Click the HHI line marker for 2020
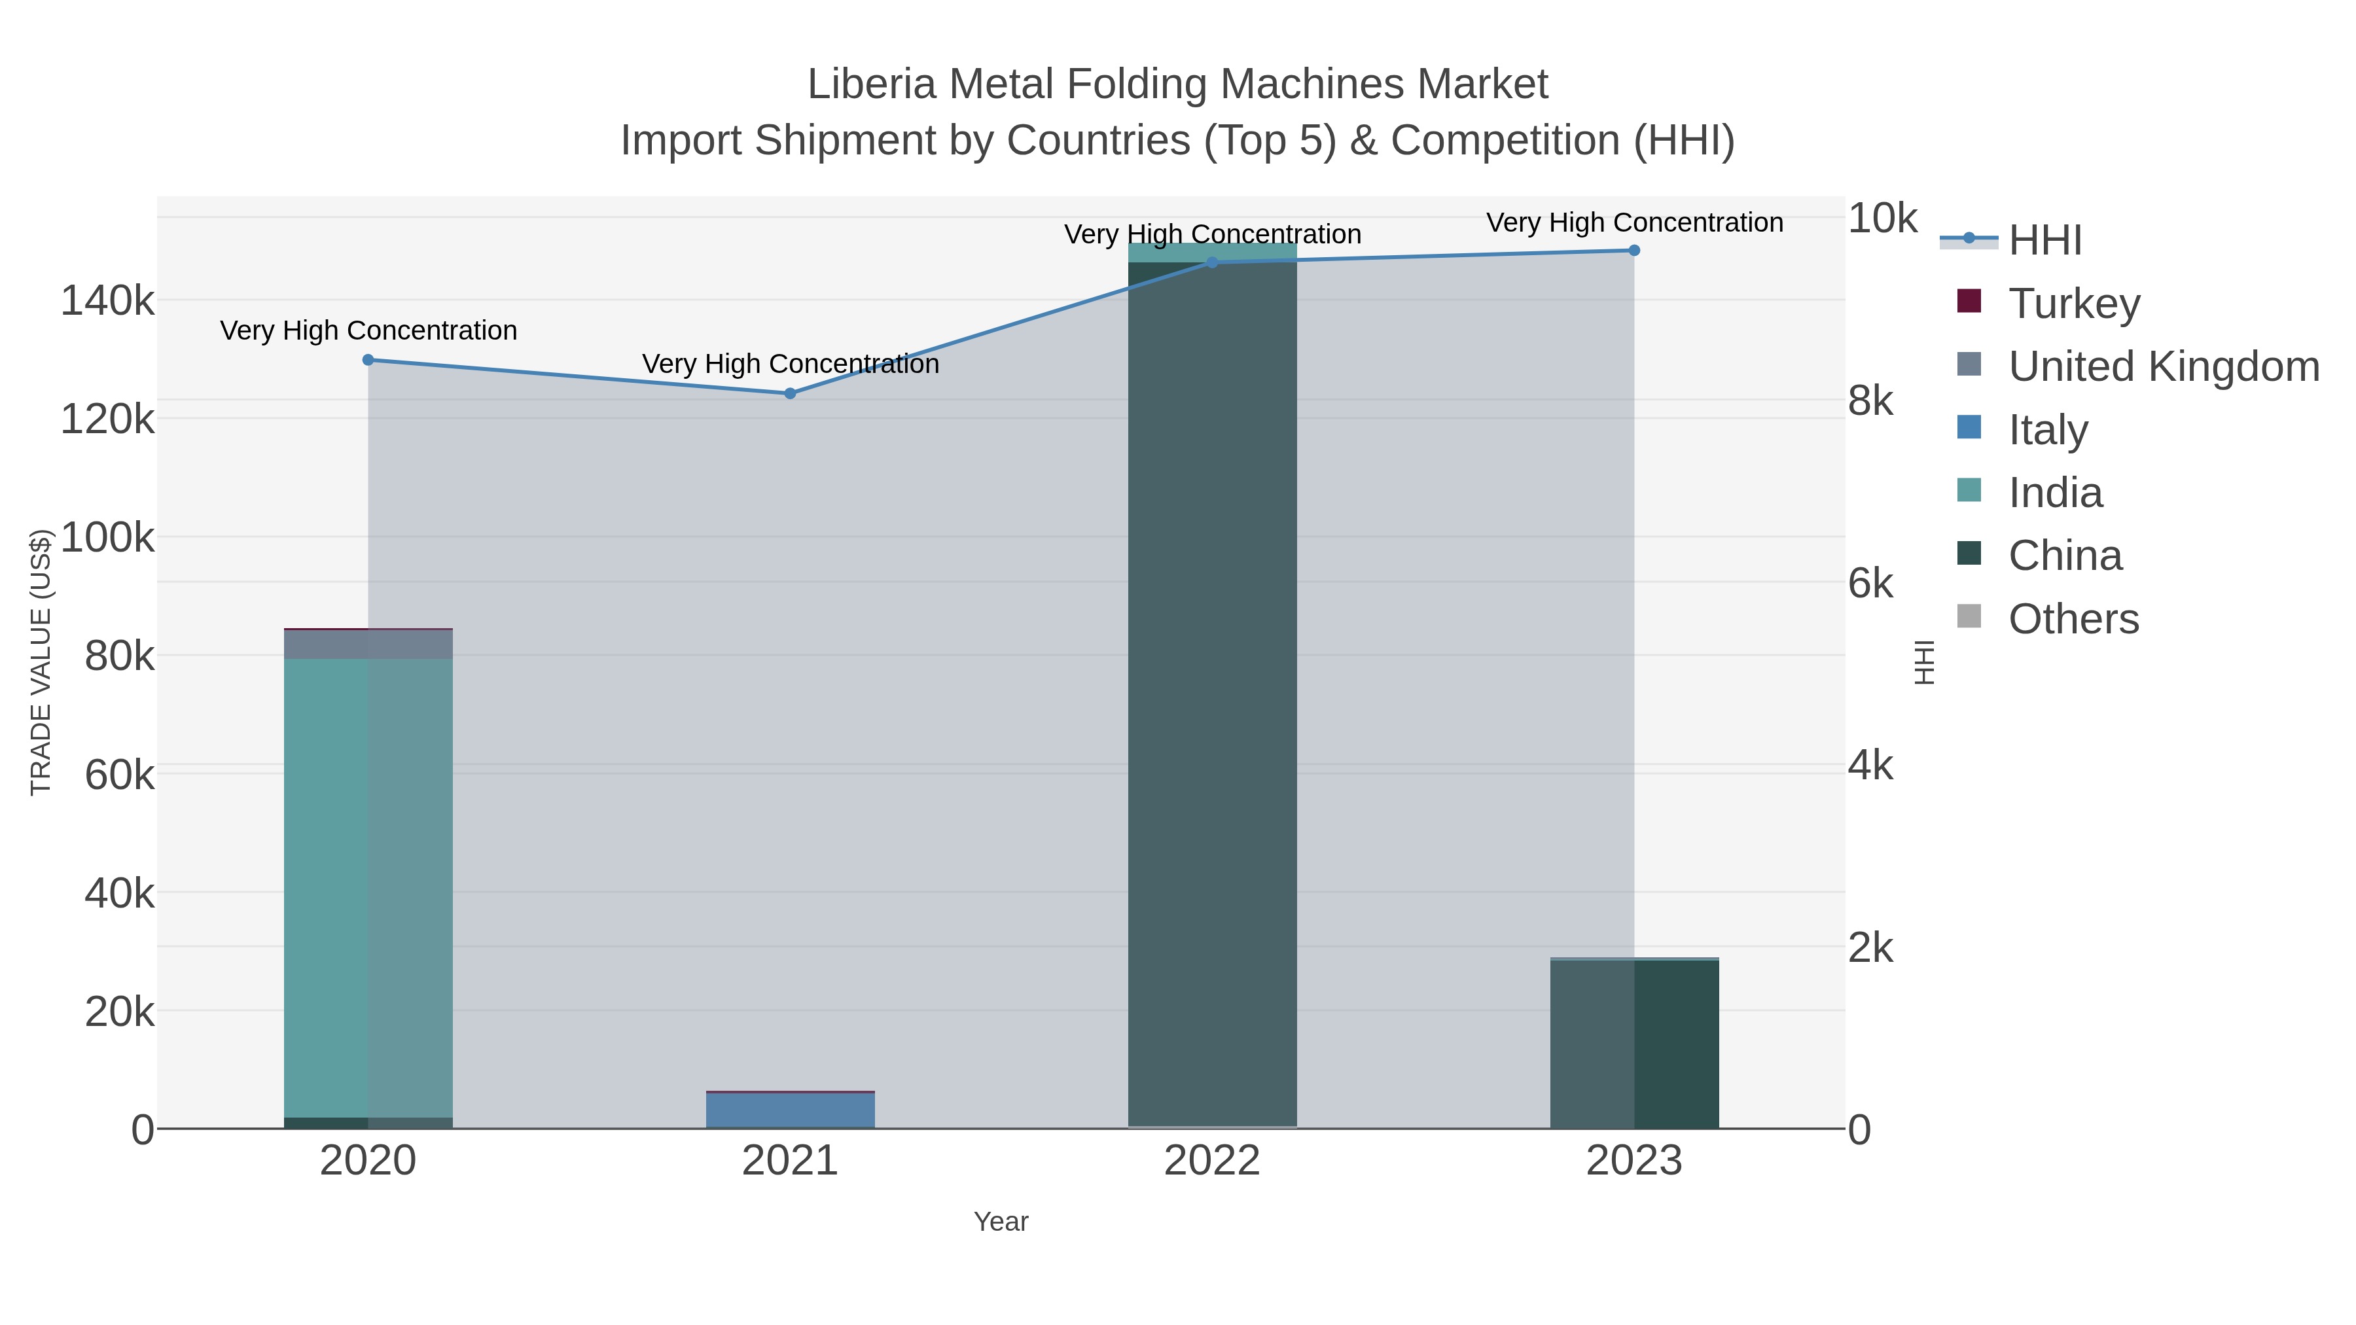pos(368,359)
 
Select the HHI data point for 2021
pos(790,393)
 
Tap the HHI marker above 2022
pos(1212,262)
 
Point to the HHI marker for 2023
pos(1633,250)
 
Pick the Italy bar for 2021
pos(790,1110)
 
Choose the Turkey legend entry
pos(2073,303)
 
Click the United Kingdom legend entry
pos(2163,366)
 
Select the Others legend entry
pos(2073,619)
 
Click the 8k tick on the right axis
pos(1870,400)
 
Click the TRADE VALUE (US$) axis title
pos(41,662)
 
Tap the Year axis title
pos(1001,1222)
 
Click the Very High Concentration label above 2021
pos(790,364)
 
